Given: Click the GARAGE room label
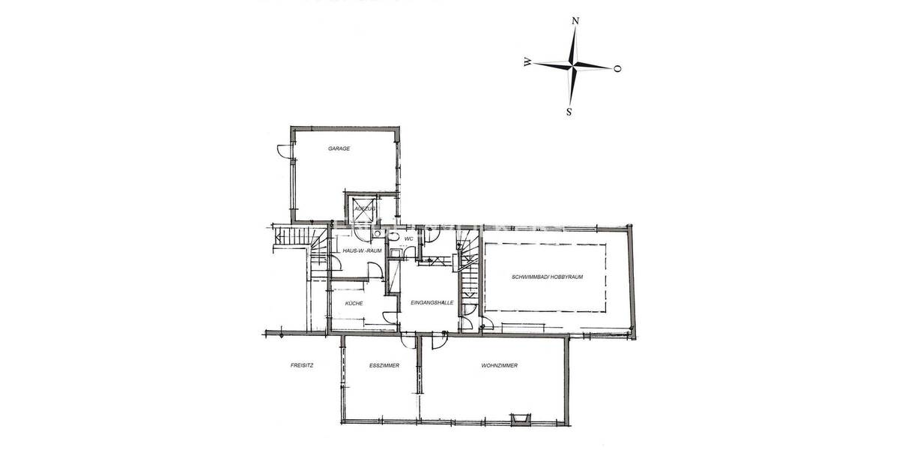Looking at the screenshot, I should tap(339, 148).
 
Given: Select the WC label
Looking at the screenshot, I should tap(409, 238).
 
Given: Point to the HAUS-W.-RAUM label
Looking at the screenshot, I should tap(362, 250).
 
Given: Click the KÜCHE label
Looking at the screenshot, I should tap(354, 303).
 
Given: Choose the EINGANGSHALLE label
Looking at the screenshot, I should tap(432, 302).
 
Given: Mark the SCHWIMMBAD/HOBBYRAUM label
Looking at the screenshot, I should tap(547, 277).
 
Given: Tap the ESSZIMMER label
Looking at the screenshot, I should tap(384, 366).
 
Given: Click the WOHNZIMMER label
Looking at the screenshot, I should tap(500, 366).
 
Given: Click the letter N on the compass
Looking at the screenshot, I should tap(575, 21).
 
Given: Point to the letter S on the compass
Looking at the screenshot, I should tap(569, 112).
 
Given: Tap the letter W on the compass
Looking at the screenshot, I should tap(528, 62).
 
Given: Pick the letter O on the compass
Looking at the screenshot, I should tap(617, 69).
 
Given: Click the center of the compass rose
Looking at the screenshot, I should tap(573, 66).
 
